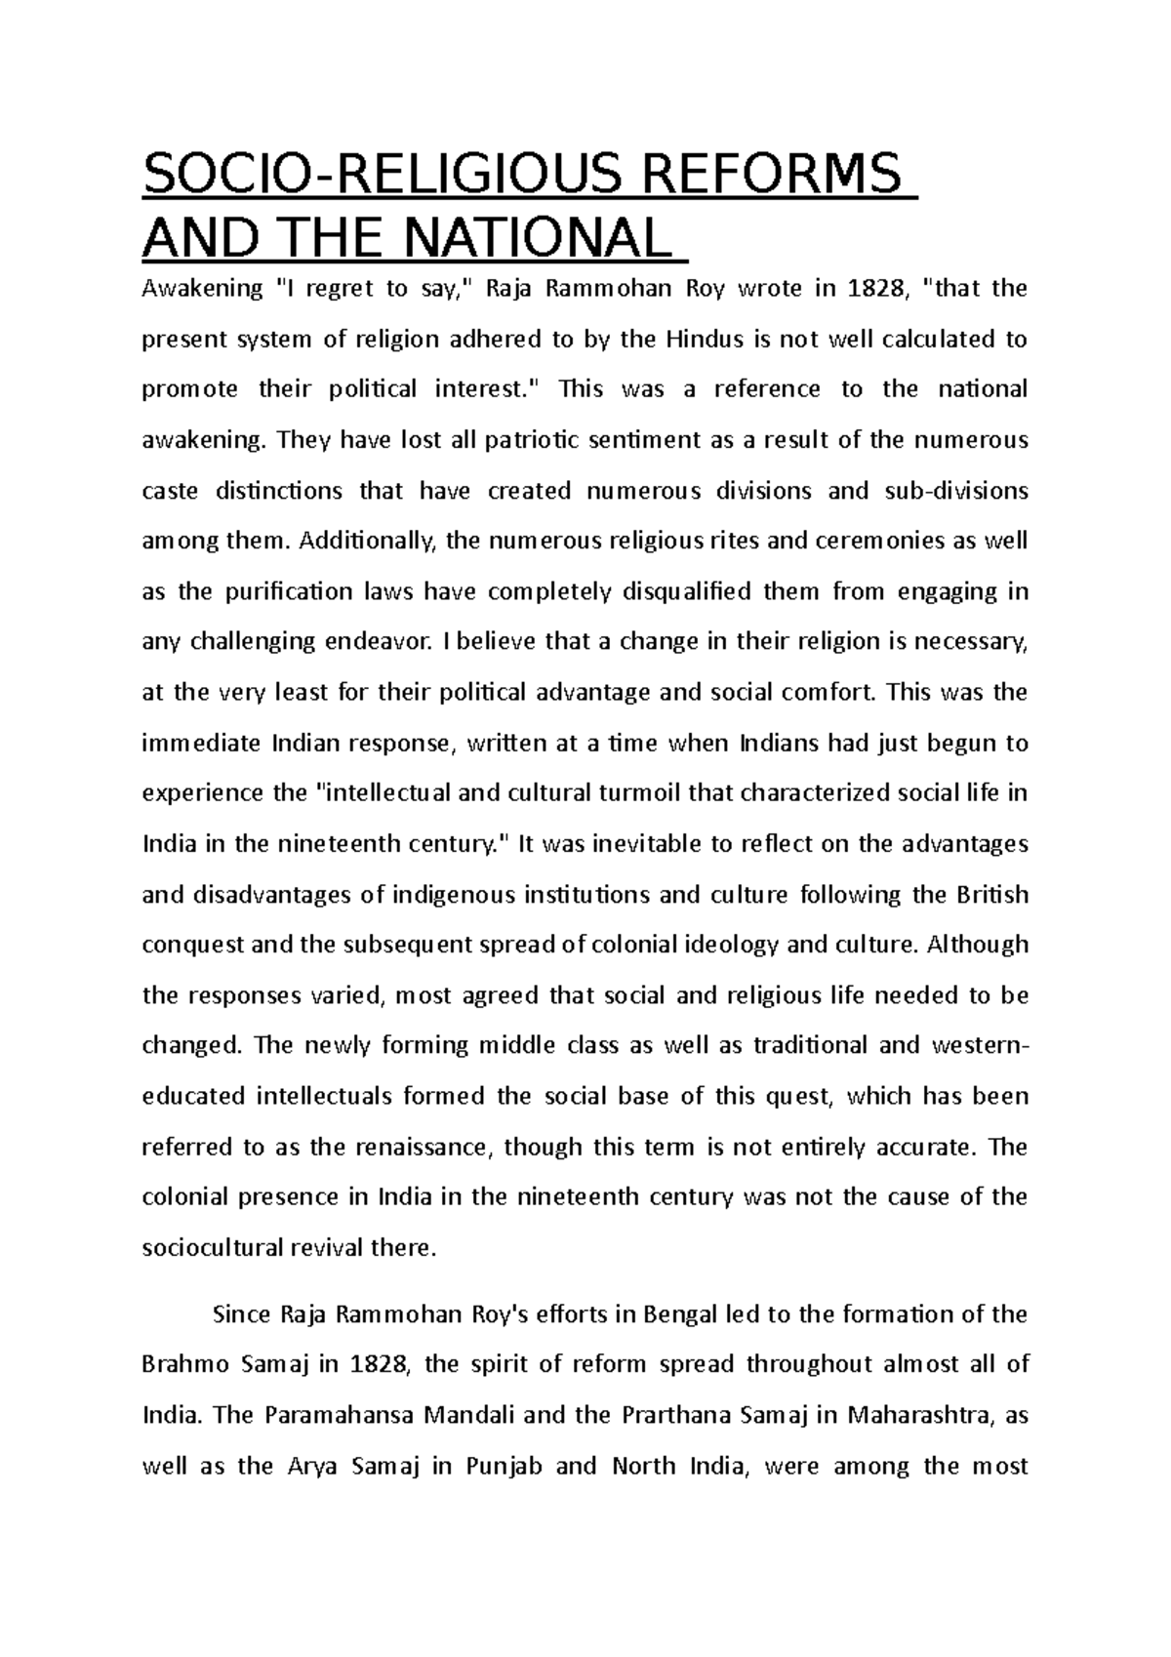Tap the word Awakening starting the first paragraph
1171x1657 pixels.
click(x=202, y=289)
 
